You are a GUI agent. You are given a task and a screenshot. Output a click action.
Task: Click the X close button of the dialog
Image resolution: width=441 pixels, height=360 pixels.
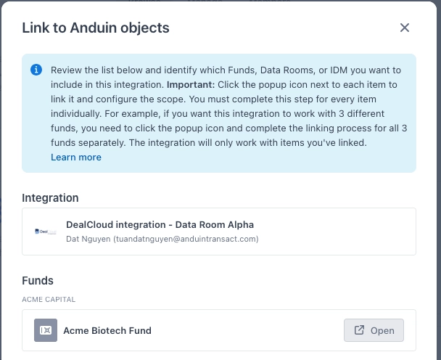pyautogui.click(x=405, y=28)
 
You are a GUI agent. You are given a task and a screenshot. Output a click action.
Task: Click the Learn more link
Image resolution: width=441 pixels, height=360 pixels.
pyautogui.click(x=76, y=157)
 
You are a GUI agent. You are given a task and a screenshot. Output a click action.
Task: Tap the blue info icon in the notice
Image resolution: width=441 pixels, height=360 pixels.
pyautogui.click(x=36, y=70)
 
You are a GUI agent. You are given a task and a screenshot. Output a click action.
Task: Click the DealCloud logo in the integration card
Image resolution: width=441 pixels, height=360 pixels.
pyautogui.click(x=46, y=232)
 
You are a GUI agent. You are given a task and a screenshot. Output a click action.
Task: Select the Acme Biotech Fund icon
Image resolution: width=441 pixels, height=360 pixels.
pyautogui.click(x=46, y=330)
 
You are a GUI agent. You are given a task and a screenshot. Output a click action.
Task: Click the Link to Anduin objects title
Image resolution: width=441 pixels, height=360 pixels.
pyautogui.click(x=96, y=28)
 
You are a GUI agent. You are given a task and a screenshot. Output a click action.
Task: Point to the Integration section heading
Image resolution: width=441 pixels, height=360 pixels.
pyautogui.click(x=50, y=198)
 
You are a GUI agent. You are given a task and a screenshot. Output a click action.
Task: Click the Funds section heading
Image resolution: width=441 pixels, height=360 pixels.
pyautogui.click(x=38, y=281)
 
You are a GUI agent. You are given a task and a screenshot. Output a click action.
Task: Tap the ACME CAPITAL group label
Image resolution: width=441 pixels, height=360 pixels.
pyautogui.click(x=49, y=300)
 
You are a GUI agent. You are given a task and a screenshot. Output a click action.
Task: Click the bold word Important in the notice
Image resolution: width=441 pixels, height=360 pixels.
pyautogui.click(x=191, y=84)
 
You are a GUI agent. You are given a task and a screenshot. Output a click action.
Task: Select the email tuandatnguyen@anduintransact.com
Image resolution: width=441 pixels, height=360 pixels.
pyautogui.click(x=186, y=239)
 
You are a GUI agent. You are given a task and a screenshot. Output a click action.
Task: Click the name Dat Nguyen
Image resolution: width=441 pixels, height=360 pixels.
pyautogui.click(x=88, y=239)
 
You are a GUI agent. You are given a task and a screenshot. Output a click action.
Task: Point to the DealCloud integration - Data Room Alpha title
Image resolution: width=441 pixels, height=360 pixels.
pyautogui.click(x=160, y=224)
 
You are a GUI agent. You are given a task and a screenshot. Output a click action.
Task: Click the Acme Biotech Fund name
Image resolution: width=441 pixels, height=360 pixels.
pyautogui.click(x=107, y=330)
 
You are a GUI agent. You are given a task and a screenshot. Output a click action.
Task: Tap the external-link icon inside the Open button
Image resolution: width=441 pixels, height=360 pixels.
pyautogui.click(x=359, y=330)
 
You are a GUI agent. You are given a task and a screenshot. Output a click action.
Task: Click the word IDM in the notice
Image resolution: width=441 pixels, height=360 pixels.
pyautogui.click(x=339, y=70)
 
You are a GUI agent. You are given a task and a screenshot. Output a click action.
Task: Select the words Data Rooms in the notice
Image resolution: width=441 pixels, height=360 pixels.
pyautogui.click(x=287, y=70)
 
